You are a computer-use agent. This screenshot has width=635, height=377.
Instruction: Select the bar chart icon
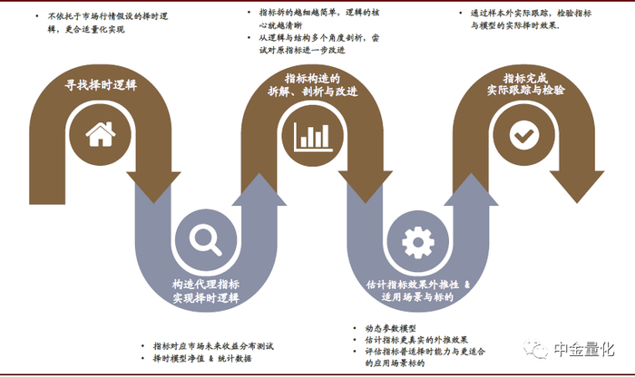[x=311, y=136]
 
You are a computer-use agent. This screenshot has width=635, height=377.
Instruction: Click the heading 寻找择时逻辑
[x=100, y=86]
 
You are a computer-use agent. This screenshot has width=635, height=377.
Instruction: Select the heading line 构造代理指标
[x=206, y=282]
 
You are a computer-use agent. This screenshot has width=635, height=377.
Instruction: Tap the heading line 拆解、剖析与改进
[x=313, y=92]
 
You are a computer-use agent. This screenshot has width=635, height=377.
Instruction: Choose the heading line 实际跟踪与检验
[x=525, y=91]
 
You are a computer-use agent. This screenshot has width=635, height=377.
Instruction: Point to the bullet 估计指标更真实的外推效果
[x=414, y=339]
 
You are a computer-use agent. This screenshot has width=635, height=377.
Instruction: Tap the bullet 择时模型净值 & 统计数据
[x=200, y=359]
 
